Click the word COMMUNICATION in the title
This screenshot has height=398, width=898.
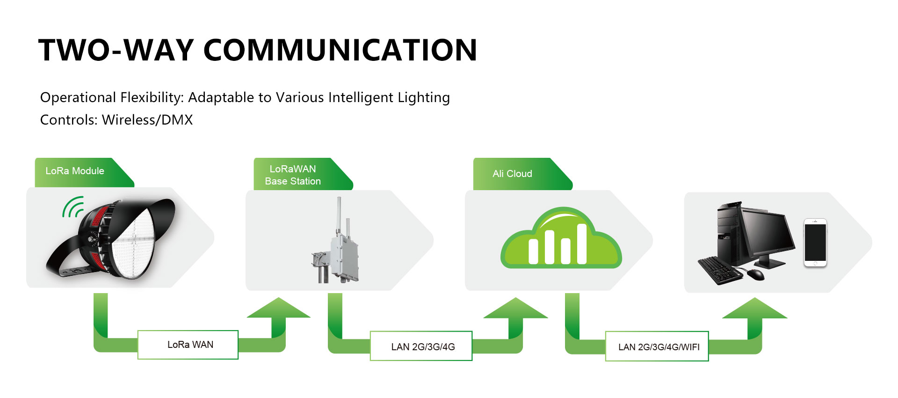340,50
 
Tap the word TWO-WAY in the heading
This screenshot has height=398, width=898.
116,50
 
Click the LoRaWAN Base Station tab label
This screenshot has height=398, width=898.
293,175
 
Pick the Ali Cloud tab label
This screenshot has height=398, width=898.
512,174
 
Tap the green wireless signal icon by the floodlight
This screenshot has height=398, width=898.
72,207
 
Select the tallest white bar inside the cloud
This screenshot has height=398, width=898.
582,243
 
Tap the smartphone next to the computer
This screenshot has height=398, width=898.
815,243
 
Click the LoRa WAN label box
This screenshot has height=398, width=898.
188,345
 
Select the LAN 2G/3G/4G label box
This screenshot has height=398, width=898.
421,346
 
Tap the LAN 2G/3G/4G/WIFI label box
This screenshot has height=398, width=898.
657,346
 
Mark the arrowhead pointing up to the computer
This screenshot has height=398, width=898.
755,308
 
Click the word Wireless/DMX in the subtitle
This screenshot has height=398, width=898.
147,120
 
